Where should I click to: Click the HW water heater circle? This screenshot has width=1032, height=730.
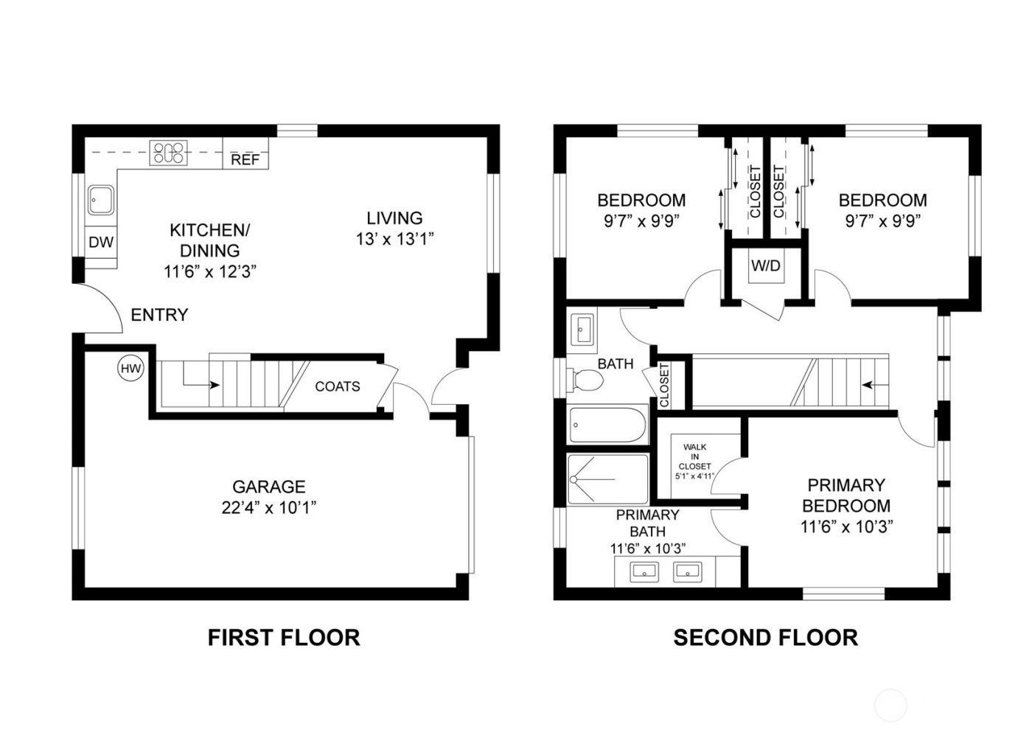pyautogui.click(x=130, y=368)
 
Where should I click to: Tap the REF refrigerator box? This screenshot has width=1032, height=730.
pyautogui.click(x=245, y=159)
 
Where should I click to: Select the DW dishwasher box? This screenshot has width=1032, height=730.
pyautogui.click(x=101, y=242)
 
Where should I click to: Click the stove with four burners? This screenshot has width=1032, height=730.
pyautogui.click(x=169, y=153)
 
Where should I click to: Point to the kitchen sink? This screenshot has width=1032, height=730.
pyautogui.click(x=100, y=200)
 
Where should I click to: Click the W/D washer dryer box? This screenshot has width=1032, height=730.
pyautogui.click(x=765, y=265)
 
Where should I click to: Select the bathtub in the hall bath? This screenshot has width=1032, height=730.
pyautogui.click(x=607, y=425)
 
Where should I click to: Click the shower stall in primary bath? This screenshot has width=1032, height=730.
pyautogui.click(x=607, y=479)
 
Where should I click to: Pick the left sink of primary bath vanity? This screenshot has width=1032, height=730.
pyautogui.click(x=646, y=570)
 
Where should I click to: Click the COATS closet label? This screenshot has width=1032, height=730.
pyautogui.click(x=338, y=386)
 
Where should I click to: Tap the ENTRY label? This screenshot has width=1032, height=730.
pyautogui.click(x=159, y=315)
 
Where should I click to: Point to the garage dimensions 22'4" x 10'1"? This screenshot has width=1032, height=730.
pyautogui.click(x=268, y=507)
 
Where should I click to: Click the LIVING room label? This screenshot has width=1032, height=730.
pyautogui.click(x=395, y=218)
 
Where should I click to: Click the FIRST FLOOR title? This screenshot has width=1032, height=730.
pyautogui.click(x=284, y=637)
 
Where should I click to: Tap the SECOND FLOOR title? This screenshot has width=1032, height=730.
pyautogui.click(x=765, y=637)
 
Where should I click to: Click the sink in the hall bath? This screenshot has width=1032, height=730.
pyautogui.click(x=583, y=327)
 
